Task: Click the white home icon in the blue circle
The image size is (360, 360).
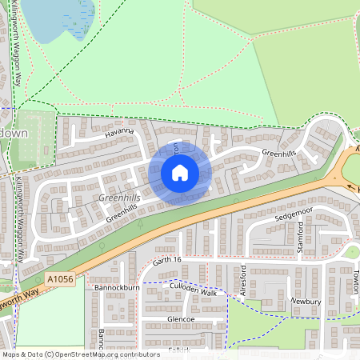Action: point(179,173)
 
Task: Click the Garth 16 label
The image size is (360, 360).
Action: point(168,260)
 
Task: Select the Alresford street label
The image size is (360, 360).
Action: point(243,281)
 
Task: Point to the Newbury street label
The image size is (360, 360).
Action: point(305,302)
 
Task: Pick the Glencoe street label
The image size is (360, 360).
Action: point(181,319)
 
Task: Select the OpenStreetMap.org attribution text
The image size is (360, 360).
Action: point(114,354)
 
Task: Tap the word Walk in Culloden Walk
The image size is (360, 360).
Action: point(207,294)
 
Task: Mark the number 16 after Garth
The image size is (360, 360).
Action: point(177,260)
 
